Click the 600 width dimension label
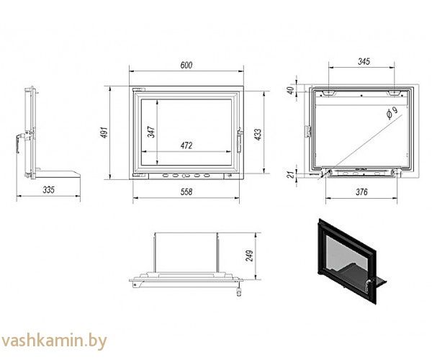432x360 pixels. [x=186, y=66]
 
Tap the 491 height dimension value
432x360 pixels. [x=104, y=132]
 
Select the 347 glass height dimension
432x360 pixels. [x=151, y=132]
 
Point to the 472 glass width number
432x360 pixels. [x=186, y=145]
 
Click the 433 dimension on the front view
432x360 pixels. [x=258, y=134]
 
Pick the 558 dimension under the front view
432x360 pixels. [x=186, y=192]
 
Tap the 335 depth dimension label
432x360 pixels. [x=48, y=190]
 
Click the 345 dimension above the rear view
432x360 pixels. [x=364, y=61]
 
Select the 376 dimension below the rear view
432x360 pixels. [x=361, y=192]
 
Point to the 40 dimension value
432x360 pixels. [x=290, y=90]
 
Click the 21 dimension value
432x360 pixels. [x=291, y=175]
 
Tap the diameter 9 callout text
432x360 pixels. [x=392, y=113]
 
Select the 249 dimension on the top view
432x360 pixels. [x=249, y=256]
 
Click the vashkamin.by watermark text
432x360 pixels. [x=54, y=341]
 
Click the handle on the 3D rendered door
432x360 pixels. [x=369, y=285]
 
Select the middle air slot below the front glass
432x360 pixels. [x=186, y=176]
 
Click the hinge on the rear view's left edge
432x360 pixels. [x=307, y=131]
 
